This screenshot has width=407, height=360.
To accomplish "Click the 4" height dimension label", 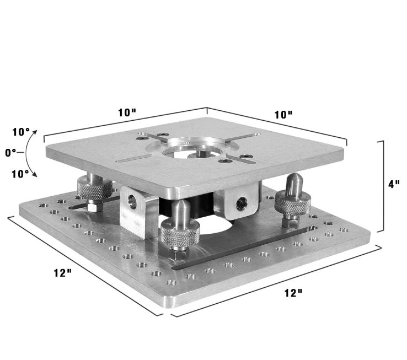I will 394,184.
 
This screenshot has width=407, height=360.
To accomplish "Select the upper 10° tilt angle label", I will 21,132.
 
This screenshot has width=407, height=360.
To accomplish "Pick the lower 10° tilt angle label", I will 21,174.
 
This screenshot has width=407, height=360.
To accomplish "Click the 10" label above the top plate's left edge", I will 127,112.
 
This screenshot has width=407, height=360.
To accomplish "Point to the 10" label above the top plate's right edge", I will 283,115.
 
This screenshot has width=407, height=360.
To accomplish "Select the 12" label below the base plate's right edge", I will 293,293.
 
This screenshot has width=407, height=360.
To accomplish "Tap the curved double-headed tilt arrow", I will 33,153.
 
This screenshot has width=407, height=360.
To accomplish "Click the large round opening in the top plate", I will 196,149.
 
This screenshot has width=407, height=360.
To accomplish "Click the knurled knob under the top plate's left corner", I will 94,189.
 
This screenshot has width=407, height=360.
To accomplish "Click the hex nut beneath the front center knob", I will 177,255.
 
